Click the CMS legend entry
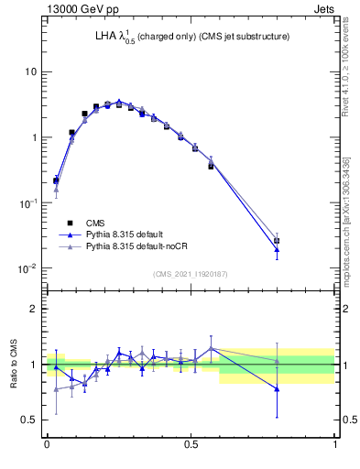coord(95,223)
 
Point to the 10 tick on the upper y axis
coord(30,71)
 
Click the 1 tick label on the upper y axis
coord(33,137)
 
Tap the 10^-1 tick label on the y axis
coord(28,202)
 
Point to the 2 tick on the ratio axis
coord(34,309)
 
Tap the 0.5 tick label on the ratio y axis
coord(30,420)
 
